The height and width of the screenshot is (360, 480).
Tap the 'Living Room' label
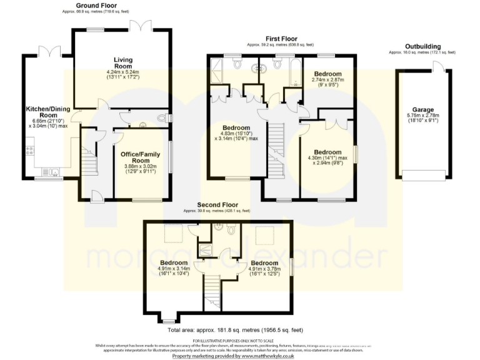pyautogui.click(x=122, y=63)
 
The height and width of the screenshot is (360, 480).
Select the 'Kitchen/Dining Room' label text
pyautogui.click(x=44, y=112)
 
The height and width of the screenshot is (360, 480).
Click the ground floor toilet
pyautogui.click(x=162, y=117)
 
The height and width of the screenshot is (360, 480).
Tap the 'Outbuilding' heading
pyautogui.click(x=422, y=46)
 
